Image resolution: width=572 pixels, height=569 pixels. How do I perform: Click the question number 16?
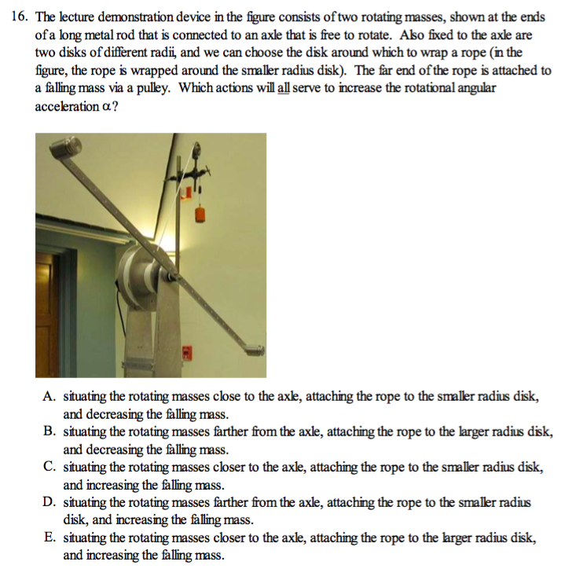point(20,16)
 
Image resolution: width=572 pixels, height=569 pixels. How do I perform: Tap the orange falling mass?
point(201,213)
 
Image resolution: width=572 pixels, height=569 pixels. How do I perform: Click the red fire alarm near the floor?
point(187,352)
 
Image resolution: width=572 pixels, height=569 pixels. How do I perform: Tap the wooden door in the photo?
point(46,314)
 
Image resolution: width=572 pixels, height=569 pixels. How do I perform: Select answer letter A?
point(49,398)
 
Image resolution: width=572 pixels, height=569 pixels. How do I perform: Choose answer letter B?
point(49,432)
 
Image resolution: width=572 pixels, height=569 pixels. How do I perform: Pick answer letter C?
point(49,467)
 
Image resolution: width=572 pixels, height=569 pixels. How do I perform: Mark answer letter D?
point(49,501)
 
